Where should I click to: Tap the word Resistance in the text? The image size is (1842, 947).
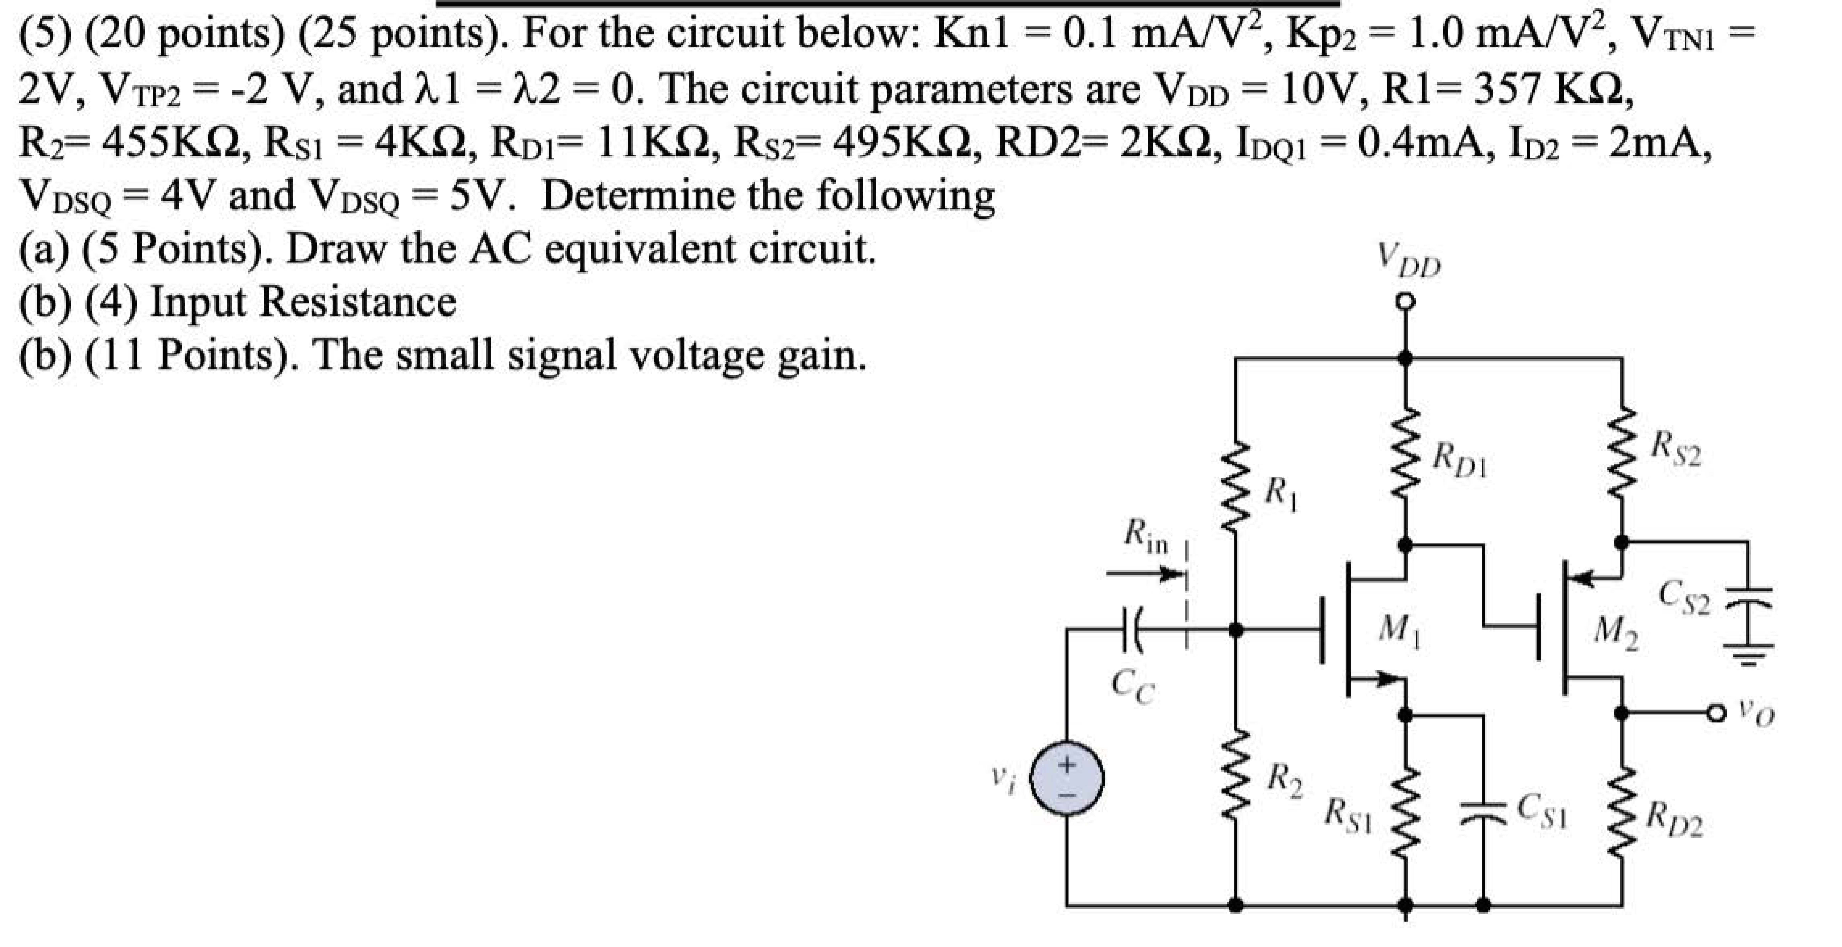click(358, 302)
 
